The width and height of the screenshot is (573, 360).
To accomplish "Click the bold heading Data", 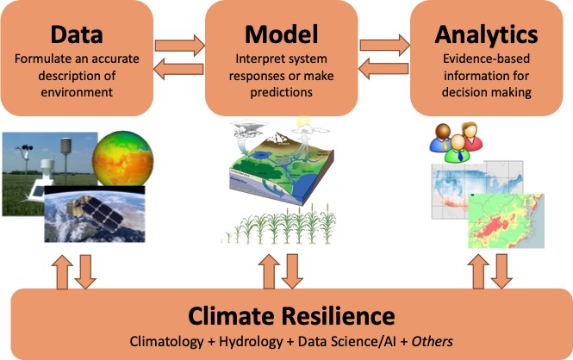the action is tap(77, 34).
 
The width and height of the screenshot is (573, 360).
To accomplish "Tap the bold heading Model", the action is tap(282, 34).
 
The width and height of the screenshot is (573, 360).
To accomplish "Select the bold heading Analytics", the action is tap(486, 35).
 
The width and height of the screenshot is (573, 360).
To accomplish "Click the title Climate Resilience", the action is tap(291, 316).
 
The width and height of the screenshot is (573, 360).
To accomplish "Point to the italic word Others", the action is tap(433, 341).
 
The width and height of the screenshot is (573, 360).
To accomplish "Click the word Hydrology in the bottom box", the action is tap(251, 342).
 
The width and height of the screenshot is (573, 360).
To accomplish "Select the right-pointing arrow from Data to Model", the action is tap(180, 46).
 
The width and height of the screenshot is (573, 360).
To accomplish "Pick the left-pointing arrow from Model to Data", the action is tap(178, 69).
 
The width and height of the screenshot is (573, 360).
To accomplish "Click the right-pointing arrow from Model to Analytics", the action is tap(385, 46).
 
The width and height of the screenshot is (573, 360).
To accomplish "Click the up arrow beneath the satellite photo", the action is tap(62, 272).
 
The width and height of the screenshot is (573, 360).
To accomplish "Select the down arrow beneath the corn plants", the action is tap(292, 271).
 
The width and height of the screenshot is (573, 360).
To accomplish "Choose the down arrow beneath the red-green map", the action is tap(501, 271).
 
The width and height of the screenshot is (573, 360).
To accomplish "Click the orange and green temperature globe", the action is tap(122, 159).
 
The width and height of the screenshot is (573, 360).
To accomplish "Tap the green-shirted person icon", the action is tap(457, 148).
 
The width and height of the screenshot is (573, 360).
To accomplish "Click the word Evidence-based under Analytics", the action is tap(486, 59).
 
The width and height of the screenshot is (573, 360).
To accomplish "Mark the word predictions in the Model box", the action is tap(281, 93).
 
